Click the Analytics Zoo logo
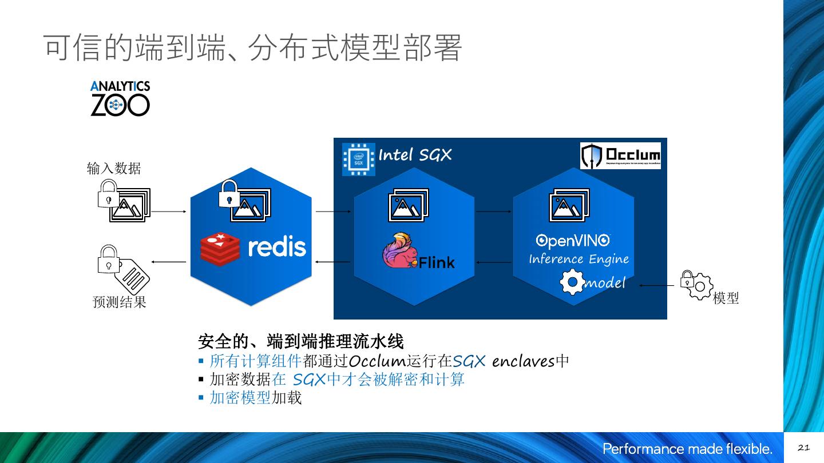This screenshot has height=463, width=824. (120, 99)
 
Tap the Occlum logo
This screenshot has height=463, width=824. (620, 155)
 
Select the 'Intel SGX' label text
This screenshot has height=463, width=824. (415, 155)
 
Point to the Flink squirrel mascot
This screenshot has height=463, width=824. (399, 250)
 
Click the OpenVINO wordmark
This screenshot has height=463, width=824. (572, 241)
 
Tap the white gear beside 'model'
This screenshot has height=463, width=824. (572, 283)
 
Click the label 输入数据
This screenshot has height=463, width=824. (114, 169)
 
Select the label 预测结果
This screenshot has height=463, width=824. (120, 302)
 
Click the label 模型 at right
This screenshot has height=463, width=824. (726, 298)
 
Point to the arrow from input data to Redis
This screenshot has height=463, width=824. (169, 211)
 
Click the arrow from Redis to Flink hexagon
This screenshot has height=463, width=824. (333, 211)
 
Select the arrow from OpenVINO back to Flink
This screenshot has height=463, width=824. (494, 263)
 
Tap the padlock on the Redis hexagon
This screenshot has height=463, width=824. (229, 193)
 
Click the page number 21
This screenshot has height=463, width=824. (803, 448)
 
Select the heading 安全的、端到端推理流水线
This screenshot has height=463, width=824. (300, 342)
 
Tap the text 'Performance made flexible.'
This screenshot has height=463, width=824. (687, 449)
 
